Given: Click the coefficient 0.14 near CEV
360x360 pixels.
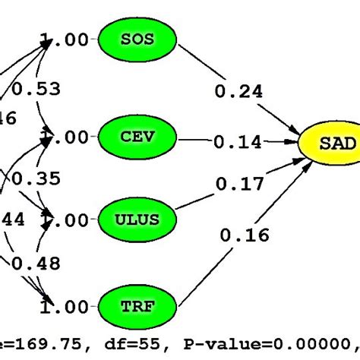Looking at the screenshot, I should (x=238, y=142).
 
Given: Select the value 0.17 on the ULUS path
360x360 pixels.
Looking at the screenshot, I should (x=240, y=183).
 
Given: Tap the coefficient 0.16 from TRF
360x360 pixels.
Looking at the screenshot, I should (x=245, y=235).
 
